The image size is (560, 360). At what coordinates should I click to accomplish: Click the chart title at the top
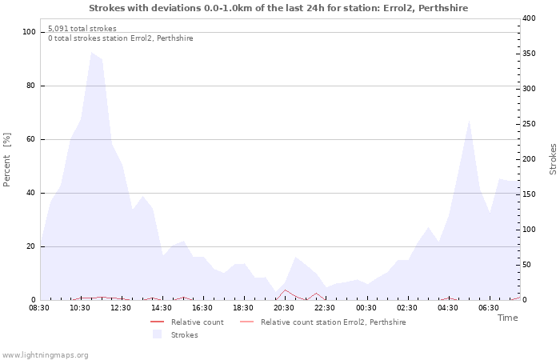click(x=278, y=8)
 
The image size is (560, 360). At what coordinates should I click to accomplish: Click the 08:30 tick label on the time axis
click(x=39, y=307)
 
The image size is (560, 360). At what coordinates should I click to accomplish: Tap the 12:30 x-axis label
click(x=121, y=307)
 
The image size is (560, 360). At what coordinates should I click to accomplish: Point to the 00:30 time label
click(x=366, y=307)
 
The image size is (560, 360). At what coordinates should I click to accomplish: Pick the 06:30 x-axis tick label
click(x=489, y=307)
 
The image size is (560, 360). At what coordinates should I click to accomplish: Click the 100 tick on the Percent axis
click(x=30, y=32)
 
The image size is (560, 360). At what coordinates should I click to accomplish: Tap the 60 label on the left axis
click(x=31, y=139)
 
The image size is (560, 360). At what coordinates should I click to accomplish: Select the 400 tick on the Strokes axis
click(x=528, y=18)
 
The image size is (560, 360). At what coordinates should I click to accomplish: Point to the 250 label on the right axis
click(x=528, y=123)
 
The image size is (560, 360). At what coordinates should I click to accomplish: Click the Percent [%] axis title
click(x=7, y=160)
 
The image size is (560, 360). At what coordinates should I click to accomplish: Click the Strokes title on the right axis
click(x=553, y=159)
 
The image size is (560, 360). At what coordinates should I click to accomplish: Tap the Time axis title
click(x=507, y=318)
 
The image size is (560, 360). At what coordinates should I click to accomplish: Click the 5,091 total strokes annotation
click(x=82, y=29)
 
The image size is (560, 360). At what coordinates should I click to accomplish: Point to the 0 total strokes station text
click(x=120, y=38)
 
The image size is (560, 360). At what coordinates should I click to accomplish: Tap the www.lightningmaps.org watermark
click(x=45, y=354)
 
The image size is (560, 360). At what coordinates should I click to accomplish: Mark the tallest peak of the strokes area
click(x=91, y=53)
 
